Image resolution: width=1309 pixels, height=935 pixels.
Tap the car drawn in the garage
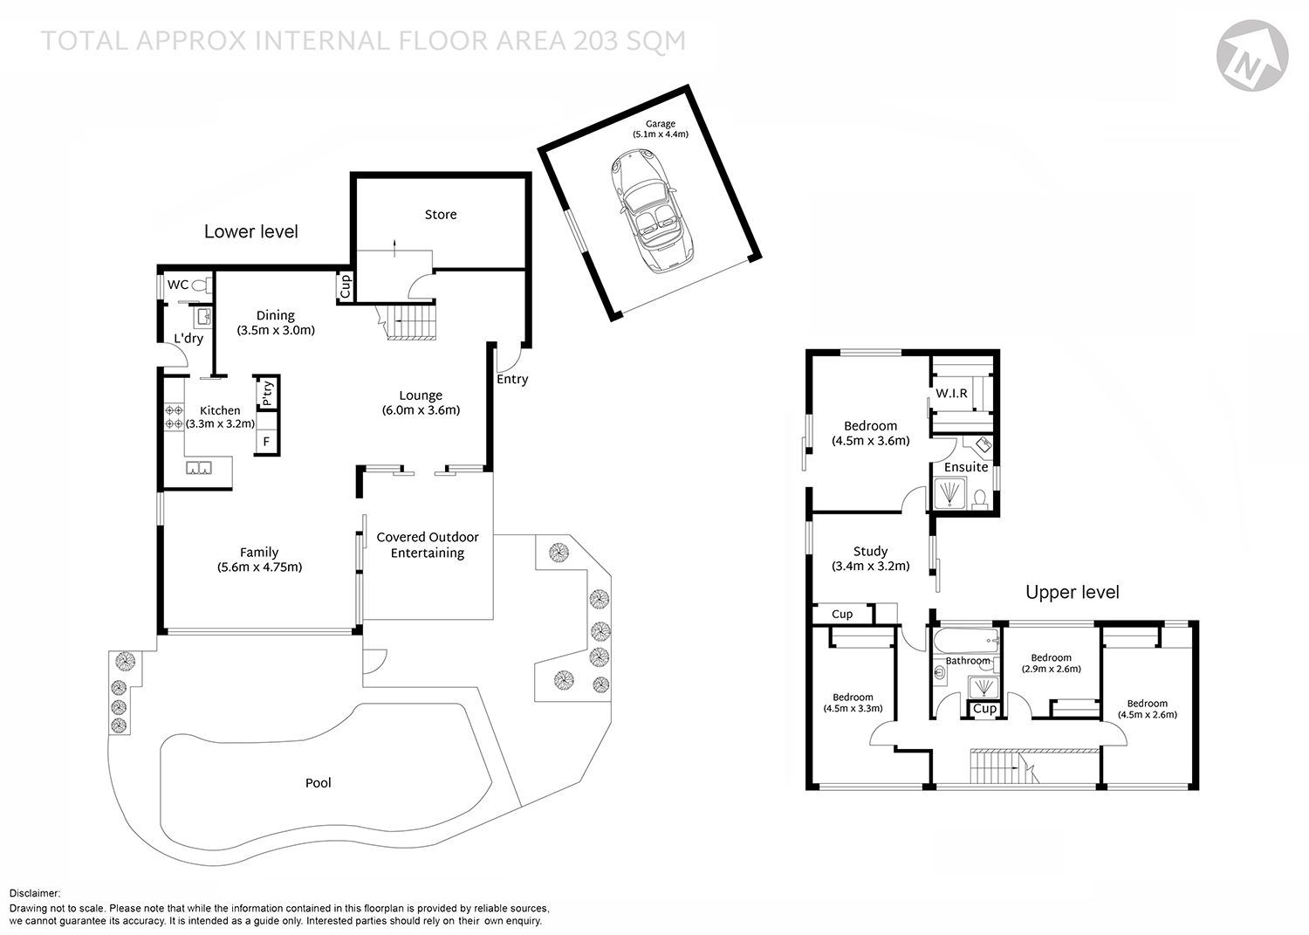click(652, 210)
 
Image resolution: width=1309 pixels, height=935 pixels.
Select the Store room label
click(440, 215)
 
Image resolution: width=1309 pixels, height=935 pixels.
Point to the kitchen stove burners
click(174, 417)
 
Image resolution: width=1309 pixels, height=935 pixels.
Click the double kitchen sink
click(198, 468)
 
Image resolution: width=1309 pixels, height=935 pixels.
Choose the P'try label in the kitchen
click(267, 394)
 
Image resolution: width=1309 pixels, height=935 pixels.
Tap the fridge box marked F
click(266, 442)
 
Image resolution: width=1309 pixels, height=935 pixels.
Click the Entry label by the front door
click(512, 379)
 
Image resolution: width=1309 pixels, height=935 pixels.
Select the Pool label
click(318, 783)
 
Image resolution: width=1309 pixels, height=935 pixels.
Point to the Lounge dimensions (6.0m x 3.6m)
click(421, 410)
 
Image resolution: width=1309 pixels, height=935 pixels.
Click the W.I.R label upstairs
click(951, 394)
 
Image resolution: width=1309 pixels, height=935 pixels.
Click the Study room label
click(870, 551)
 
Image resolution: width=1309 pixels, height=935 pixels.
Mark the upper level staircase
click(999, 768)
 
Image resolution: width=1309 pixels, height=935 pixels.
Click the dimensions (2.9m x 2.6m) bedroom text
click(1051, 670)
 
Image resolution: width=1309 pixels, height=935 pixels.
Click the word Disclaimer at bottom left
click(35, 894)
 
